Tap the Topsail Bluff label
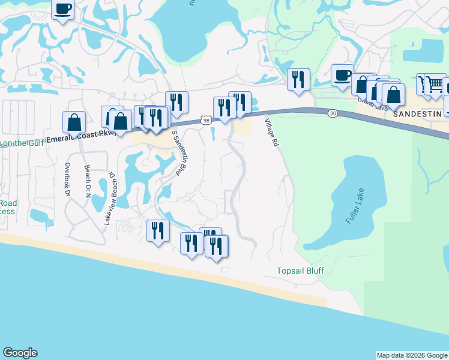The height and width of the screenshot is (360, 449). coord(300,271)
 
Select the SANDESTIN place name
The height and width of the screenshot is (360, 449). coord(417,113)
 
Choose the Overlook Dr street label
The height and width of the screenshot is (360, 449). coord(67,180)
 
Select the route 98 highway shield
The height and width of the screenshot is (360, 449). coord(206,121)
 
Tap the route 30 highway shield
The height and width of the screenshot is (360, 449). coord(332,113)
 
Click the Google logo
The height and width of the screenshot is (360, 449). coord(20,353)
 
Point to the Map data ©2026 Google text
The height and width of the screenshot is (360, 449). coord(412,355)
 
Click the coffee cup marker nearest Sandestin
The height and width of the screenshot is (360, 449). coord(342,76)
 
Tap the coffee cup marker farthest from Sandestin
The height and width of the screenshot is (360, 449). coord(62,10)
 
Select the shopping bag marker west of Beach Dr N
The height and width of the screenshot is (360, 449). coord(74,122)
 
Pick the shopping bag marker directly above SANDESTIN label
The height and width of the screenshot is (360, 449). coord(393,95)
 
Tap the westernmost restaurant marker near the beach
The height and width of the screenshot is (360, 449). coord(158,230)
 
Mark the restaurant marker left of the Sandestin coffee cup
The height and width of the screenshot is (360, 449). coord(299,79)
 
